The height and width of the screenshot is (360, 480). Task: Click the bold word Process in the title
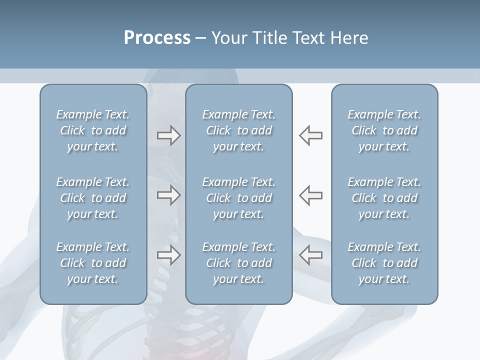pyautogui.click(x=157, y=38)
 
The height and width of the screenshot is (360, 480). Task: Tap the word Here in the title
pyautogui.click(x=348, y=38)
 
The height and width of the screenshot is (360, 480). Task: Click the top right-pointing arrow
pyautogui.click(x=168, y=136)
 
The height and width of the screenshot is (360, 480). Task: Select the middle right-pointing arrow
pyautogui.click(x=168, y=195)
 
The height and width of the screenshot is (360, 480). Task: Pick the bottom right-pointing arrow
pyautogui.click(x=168, y=255)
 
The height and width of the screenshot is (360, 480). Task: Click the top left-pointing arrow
pyautogui.click(x=310, y=135)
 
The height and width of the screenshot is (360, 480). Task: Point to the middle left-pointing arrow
pyautogui.click(x=310, y=195)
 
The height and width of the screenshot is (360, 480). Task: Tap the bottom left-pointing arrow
pyautogui.click(x=310, y=255)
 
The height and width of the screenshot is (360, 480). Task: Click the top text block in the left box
pyautogui.click(x=93, y=130)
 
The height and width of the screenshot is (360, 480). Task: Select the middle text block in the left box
pyautogui.click(x=93, y=198)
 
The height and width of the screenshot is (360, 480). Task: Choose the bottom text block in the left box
pyautogui.click(x=93, y=263)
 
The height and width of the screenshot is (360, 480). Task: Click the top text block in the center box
pyautogui.click(x=239, y=130)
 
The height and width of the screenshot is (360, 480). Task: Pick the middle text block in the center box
pyautogui.click(x=239, y=198)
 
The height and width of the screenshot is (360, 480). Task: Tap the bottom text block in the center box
pyautogui.click(x=239, y=263)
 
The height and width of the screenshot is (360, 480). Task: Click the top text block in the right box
pyautogui.click(x=384, y=130)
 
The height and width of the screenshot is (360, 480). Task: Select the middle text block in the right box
pyautogui.click(x=384, y=198)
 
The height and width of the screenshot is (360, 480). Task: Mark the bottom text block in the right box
pyautogui.click(x=384, y=263)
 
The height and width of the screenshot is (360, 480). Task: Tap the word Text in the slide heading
pyautogui.click(x=306, y=38)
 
